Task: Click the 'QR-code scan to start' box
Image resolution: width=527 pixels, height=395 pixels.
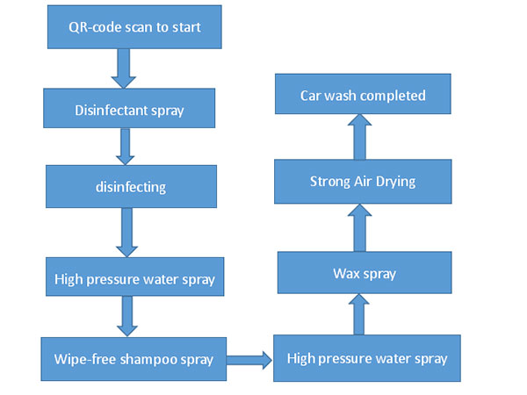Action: (134, 27)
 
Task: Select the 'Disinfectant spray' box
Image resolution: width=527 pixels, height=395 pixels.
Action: (129, 108)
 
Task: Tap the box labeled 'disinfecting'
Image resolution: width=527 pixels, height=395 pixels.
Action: (131, 186)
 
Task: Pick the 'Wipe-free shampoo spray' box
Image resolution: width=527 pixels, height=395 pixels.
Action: (134, 359)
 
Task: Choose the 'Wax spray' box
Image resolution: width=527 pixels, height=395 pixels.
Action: (365, 272)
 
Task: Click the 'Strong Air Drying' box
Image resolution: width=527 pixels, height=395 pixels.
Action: (363, 182)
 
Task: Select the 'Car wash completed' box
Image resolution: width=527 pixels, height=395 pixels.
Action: (363, 94)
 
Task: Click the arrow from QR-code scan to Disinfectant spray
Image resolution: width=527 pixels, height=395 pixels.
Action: (124, 68)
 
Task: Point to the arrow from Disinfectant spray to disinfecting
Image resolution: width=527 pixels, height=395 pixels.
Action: (125, 147)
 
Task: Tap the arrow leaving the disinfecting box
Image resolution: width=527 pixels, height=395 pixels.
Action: (126, 233)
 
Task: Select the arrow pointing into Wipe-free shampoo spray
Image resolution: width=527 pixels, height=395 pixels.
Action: (127, 316)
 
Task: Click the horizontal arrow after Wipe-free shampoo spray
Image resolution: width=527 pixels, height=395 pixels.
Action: (249, 360)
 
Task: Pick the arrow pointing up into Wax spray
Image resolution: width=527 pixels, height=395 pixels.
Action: (359, 314)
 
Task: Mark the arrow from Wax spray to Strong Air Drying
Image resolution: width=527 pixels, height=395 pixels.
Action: (359, 227)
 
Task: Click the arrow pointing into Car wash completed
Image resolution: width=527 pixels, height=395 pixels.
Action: (359, 137)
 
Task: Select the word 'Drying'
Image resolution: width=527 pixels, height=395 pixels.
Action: (395, 183)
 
